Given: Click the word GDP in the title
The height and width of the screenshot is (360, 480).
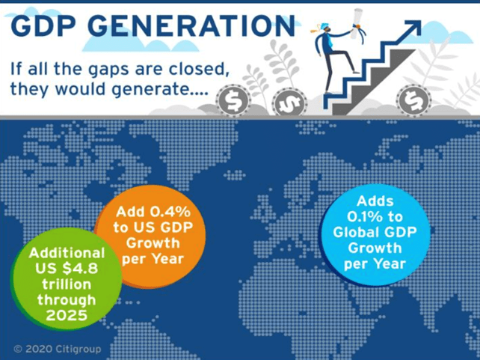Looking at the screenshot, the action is [43, 25].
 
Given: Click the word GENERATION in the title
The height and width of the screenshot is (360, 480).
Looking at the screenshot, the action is [191, 25].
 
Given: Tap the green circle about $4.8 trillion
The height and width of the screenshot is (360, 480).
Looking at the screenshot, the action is [67, 278].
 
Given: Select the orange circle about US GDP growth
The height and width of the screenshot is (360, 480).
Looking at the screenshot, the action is [150, 237].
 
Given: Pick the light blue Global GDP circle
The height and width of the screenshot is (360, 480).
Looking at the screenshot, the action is [375, 235].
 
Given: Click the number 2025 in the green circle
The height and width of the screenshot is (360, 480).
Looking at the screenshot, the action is [67, 315].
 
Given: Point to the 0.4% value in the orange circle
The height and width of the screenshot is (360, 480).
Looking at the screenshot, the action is [170, 212].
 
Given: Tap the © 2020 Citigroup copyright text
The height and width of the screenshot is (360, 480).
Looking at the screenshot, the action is [58, 349].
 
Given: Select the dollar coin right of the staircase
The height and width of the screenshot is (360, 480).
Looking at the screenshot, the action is [414, 100].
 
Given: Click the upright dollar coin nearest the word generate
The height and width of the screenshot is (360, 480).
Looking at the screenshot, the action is [233, 100].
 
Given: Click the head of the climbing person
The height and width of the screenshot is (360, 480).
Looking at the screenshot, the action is [326, 28].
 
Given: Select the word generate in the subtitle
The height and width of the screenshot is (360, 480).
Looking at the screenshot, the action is [159, 90].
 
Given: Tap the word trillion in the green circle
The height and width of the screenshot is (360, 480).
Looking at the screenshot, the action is [67, 284].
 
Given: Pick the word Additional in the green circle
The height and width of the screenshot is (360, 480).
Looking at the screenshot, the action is [67, 253].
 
